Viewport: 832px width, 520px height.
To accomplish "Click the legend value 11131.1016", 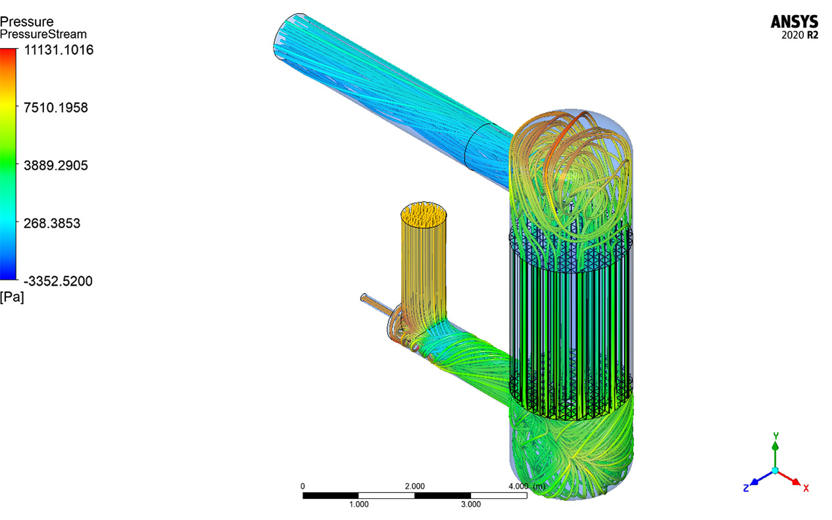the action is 59,50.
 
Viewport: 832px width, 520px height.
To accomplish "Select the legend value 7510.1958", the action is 56,107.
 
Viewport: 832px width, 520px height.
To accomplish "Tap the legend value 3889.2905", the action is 56,165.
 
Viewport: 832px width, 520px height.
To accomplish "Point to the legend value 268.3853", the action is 52,223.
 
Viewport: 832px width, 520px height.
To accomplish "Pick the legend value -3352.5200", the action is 58,281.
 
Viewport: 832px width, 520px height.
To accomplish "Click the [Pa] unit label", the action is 12,298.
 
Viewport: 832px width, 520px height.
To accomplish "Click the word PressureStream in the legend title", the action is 43,34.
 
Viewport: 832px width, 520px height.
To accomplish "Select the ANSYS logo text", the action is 795,22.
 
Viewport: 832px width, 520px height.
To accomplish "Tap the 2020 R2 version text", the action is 800,36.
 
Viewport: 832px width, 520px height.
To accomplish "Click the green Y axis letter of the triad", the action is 775,435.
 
